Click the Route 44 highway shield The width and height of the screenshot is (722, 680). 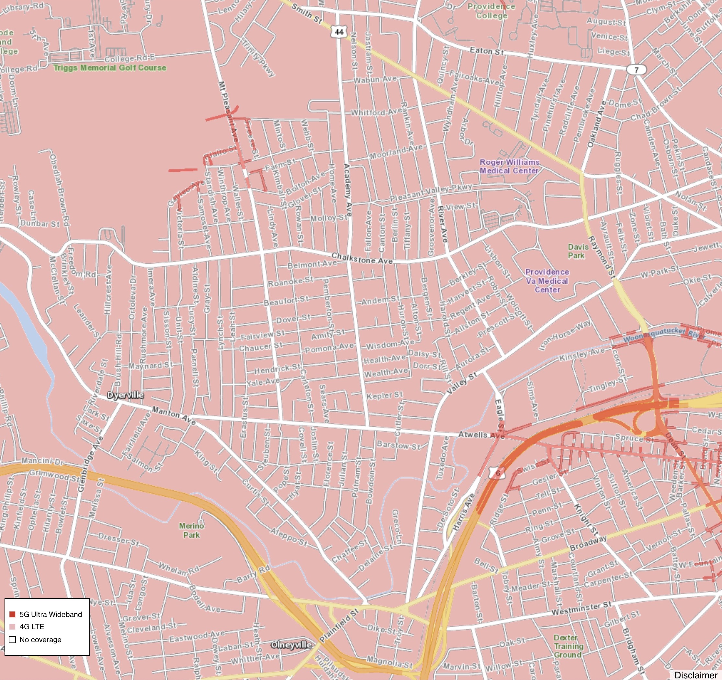[x=339, y=32]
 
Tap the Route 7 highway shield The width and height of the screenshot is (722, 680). [x=636, y=70]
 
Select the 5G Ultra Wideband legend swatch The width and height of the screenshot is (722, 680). [x=12, y=614]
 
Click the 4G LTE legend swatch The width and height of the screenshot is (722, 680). [x=12, y=627]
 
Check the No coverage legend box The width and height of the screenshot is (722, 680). [x=12, y=639]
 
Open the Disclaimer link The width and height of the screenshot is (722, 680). [x=695, y=675]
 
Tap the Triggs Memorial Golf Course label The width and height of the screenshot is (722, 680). [x=110, y=68]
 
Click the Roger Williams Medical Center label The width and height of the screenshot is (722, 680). [x=509, y=167]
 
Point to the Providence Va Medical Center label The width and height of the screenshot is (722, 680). [x=547, y=281]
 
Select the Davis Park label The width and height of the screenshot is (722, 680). [x=576, y=251]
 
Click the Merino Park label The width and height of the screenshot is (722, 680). [x=191, y=530]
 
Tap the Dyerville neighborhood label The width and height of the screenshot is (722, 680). [x=126, y=395]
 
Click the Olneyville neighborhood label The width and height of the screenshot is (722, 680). [x=291, y=645]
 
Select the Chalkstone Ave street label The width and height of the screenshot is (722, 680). [x=362, y=259]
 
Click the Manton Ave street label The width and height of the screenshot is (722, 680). [x=174, y=415]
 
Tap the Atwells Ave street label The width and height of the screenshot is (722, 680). [x=481, y=435]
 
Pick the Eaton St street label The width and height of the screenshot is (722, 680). [x=487, y=51]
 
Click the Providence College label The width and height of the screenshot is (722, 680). [x=491, y=11]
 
